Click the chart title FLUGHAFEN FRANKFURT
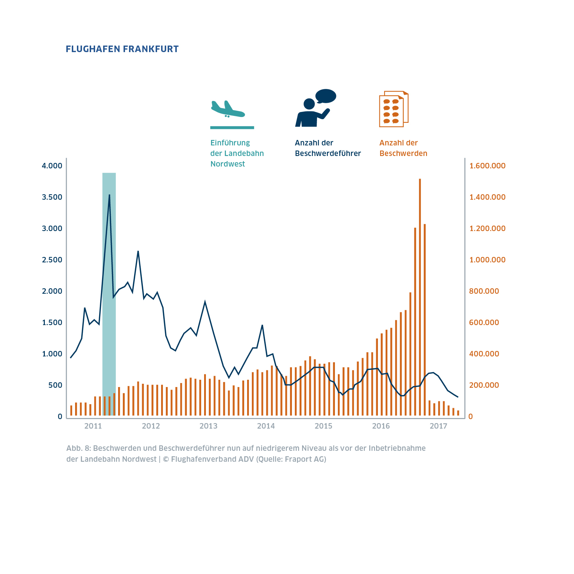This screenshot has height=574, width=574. pos(122,49)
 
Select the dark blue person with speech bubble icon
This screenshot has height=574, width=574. pos(314,109)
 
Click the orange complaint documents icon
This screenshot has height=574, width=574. pos(394,109)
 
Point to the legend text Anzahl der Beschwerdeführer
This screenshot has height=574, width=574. pos(328,148)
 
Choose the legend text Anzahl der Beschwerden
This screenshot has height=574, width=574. pos(403,148)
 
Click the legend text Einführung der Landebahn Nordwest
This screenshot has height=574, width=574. pos(237,153)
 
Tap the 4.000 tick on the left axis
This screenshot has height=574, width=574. pos(52,166)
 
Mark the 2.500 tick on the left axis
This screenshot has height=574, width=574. pos(52,260)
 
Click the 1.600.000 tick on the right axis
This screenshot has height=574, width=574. pos(487,166)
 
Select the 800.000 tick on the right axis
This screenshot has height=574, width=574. pos(484,291)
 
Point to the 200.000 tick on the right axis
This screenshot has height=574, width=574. pos(484,385)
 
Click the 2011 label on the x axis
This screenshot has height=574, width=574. pos(93,426)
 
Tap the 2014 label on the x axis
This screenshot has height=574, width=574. pos(266,426)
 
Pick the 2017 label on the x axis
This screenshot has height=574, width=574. pos(438,426)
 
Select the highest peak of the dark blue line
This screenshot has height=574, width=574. pos(109,195)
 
